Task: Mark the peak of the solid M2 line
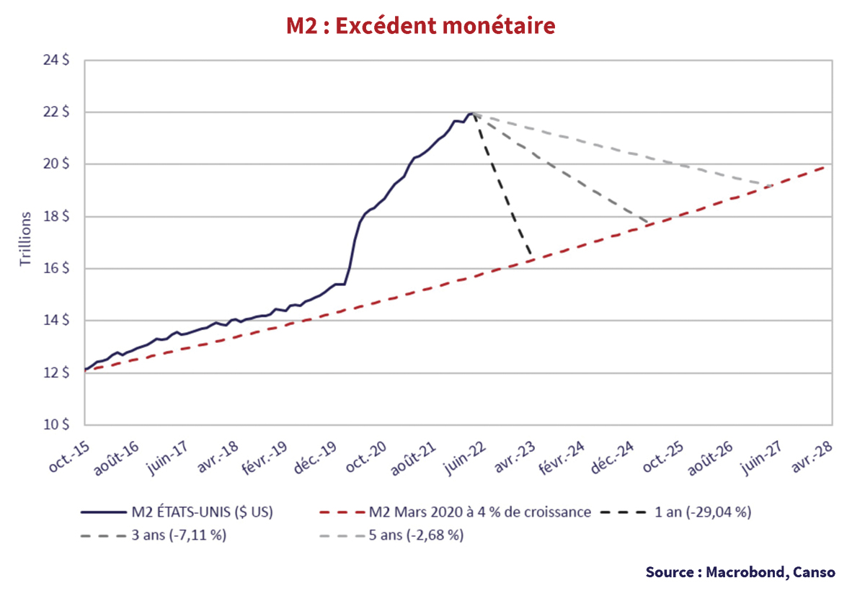471,113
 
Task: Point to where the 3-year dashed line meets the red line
649,223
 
